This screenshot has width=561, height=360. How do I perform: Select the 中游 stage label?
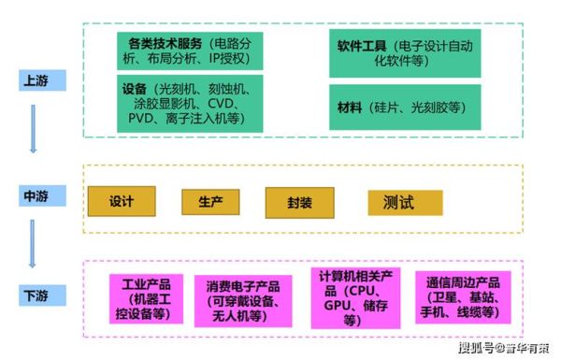pyautogui.click(x=35, y=197)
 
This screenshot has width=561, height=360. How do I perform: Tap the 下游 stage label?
pyautogui.click(x=35, y=296)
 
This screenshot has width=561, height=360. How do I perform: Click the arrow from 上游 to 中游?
pyautogui.click(x=34, y=128)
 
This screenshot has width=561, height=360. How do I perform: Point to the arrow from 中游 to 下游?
pyautogui.click(x=34, y=246)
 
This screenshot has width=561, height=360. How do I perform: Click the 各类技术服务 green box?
pyautogui.click(x=190, y=50)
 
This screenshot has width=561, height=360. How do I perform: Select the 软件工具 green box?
pyautogui.click(x=404, y=50)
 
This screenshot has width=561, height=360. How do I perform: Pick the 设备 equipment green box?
pyautogui.click(x=190, y=104)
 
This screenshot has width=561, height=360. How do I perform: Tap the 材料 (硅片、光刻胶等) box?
pyautogui.click(x=404, y=108)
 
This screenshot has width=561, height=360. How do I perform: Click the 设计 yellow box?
pyautogui.click(x=122, y=201)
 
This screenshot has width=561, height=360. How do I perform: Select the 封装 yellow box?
pyautogui.click(x=298, y=202)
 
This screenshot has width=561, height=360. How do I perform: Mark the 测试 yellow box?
pyautogui.click(x=399, y=202)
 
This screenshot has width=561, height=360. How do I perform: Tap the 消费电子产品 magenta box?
pyautogui.click(x=241, y=299)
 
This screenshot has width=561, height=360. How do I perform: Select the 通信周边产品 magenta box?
pyautogui.click(x=462, y=297)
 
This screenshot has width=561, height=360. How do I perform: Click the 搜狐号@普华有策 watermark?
pyautogui.click(x=504, y=349)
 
